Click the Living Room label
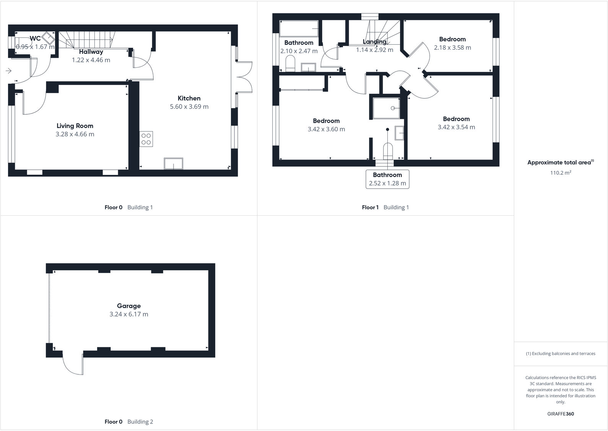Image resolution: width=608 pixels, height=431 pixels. (75, 126)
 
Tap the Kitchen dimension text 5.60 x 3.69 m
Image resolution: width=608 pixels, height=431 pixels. (189, 107)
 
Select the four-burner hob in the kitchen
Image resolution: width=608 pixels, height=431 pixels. (146, 139)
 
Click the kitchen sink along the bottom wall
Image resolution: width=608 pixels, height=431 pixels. (173, 163)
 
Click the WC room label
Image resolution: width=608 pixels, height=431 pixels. (35, 39)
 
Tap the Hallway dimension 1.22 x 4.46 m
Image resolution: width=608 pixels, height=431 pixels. (91, 60)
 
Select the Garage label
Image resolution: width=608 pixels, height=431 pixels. (129, 306)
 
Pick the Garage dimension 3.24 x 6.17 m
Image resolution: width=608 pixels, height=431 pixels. (129, 314)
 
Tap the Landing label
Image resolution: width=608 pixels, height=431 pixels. (374, 42)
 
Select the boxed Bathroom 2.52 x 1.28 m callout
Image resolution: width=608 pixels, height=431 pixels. (387, 179)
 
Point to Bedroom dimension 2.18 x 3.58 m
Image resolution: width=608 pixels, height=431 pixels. (452, 48)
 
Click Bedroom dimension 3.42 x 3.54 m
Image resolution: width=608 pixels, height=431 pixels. (456, 127)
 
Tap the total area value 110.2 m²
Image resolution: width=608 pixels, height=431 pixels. (561, 173)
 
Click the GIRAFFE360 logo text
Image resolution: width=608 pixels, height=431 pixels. (561, 414)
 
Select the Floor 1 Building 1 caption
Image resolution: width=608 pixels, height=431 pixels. (385, 207)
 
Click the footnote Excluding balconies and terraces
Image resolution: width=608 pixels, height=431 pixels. (561, 354)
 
